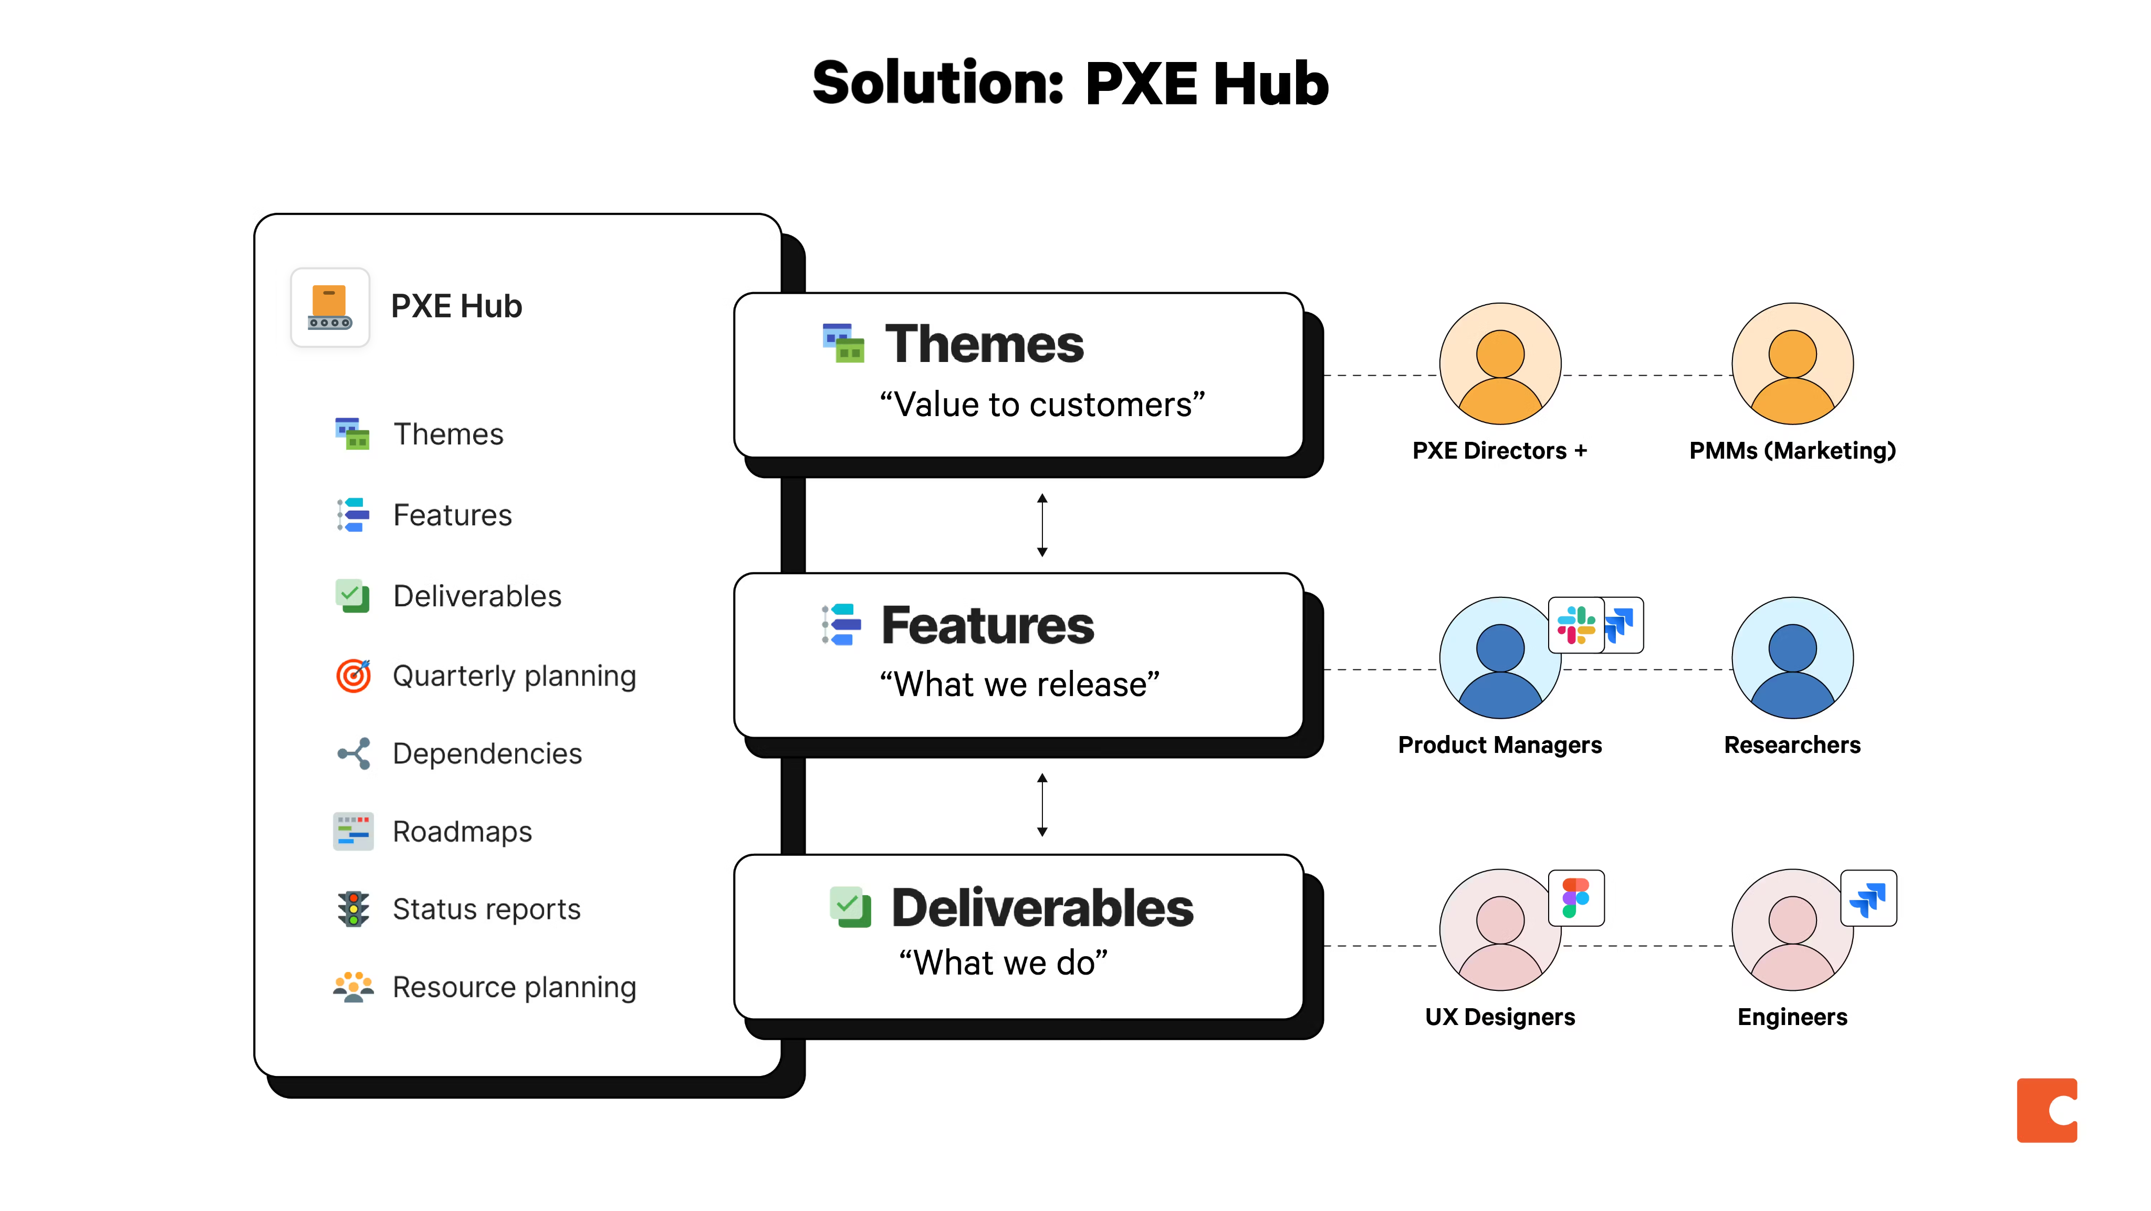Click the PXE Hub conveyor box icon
click(330, 307)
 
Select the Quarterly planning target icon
click(353, 676)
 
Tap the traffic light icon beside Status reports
click(353, 909)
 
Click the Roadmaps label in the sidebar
click(462, 832)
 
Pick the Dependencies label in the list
click(487, 753)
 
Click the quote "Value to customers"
click(1042, 405)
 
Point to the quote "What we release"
click(1019, 685)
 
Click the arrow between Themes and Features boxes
click(1042, 525)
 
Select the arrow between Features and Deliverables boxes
click(1042, 805)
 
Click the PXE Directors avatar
click(1500, 364)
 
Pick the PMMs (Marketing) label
click(1792, 451)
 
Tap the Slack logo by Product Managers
click(1575, 625)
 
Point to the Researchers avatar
click(1792, 658)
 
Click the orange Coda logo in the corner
click(2046, 1110)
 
